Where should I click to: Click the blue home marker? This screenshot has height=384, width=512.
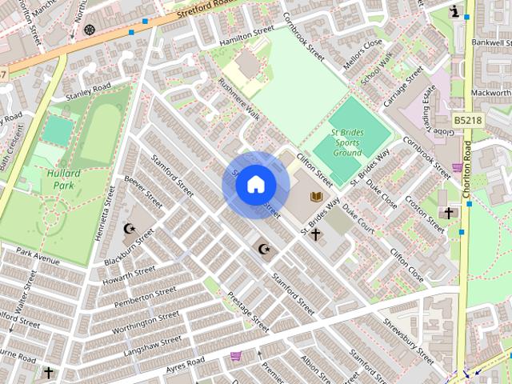coord(254,185)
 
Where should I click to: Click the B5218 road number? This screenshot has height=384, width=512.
coord(468,120)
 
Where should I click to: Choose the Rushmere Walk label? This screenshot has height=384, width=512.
coord(239,100)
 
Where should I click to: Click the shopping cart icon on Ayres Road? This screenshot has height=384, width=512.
coord(236,355)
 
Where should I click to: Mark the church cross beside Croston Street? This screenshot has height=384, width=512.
coord(449,214)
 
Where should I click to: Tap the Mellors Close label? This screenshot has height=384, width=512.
coord(362,55)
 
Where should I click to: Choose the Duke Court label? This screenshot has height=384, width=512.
coord(358,216)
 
